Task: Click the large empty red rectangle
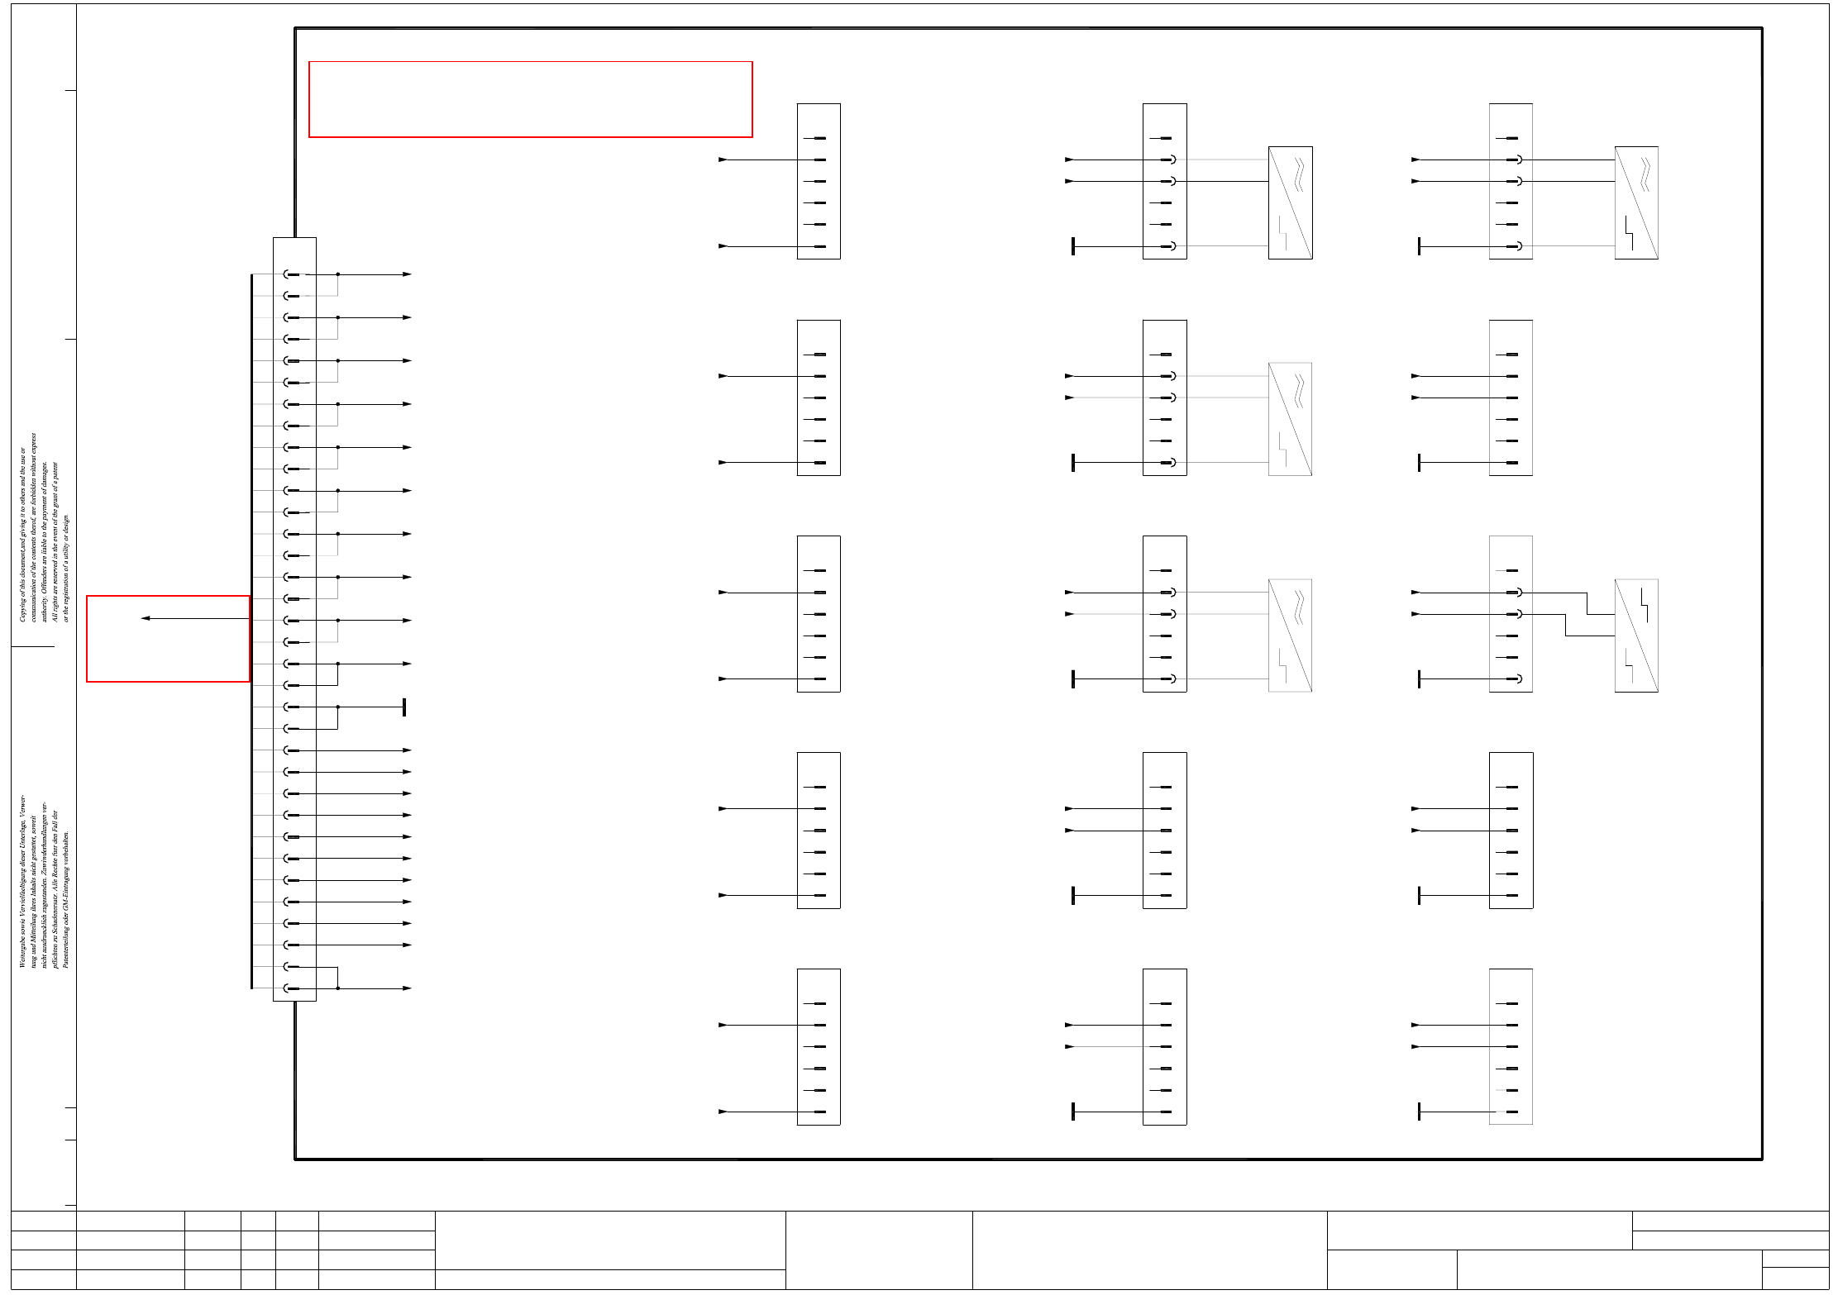point(530,99)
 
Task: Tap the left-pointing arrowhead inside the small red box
point(146,618)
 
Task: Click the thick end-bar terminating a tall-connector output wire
point(403,707)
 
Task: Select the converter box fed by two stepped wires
point(1635,636)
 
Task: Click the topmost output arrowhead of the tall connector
point(407,274)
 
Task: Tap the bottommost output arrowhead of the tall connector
point(407,988)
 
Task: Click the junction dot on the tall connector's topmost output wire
point(337,274)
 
